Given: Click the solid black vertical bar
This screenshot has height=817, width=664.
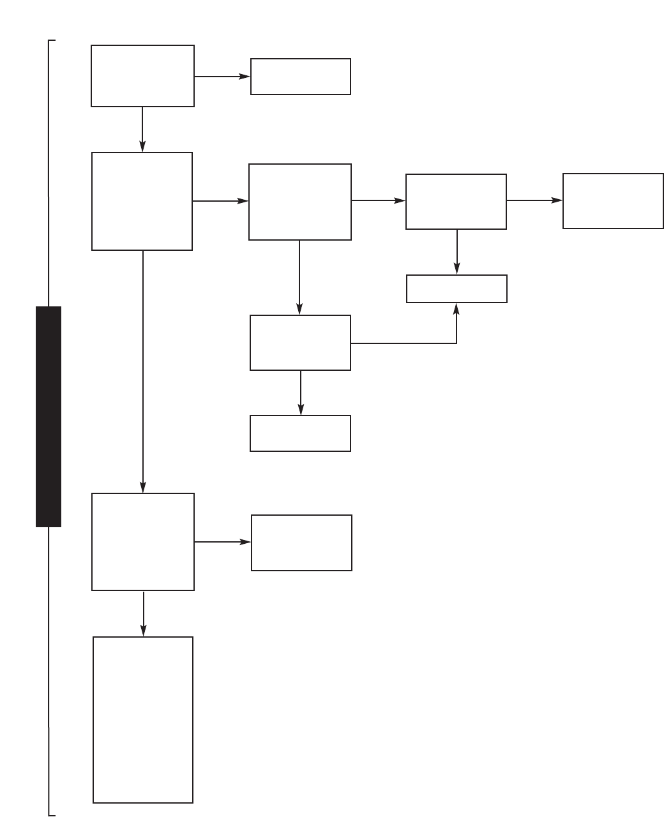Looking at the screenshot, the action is [49, 416].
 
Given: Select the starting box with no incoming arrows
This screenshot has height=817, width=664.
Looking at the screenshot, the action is [142, 75].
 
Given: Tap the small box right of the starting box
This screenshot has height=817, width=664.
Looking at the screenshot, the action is [300, 77].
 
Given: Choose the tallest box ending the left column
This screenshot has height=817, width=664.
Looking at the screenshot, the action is [143, 719].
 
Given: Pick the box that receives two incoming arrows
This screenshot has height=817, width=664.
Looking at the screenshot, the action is [456, 289].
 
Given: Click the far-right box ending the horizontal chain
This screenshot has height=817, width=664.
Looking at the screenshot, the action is [613, 200].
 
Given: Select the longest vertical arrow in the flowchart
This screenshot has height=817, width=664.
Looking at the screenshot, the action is [143, 370].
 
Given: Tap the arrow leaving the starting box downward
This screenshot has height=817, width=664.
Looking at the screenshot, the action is [142, 129].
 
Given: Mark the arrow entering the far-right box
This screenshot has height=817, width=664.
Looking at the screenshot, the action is [534, 200].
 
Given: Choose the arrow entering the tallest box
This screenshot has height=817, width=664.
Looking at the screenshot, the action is [144, 613].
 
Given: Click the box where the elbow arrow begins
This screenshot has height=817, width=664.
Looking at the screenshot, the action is [300, 343].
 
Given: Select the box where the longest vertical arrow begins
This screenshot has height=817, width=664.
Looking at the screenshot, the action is [142, 201].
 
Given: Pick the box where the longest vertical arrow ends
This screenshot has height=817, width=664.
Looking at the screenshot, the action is [143, 541].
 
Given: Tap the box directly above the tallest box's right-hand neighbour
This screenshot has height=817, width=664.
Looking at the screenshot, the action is [300, 433].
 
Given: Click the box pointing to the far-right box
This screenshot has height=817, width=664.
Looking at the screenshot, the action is [456, 201].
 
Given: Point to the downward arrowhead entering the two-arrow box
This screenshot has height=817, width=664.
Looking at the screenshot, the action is [456, 268].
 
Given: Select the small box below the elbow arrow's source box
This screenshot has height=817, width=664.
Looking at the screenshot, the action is [300, 433].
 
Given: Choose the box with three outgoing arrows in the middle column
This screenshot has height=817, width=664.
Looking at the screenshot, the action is [299, 202].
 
